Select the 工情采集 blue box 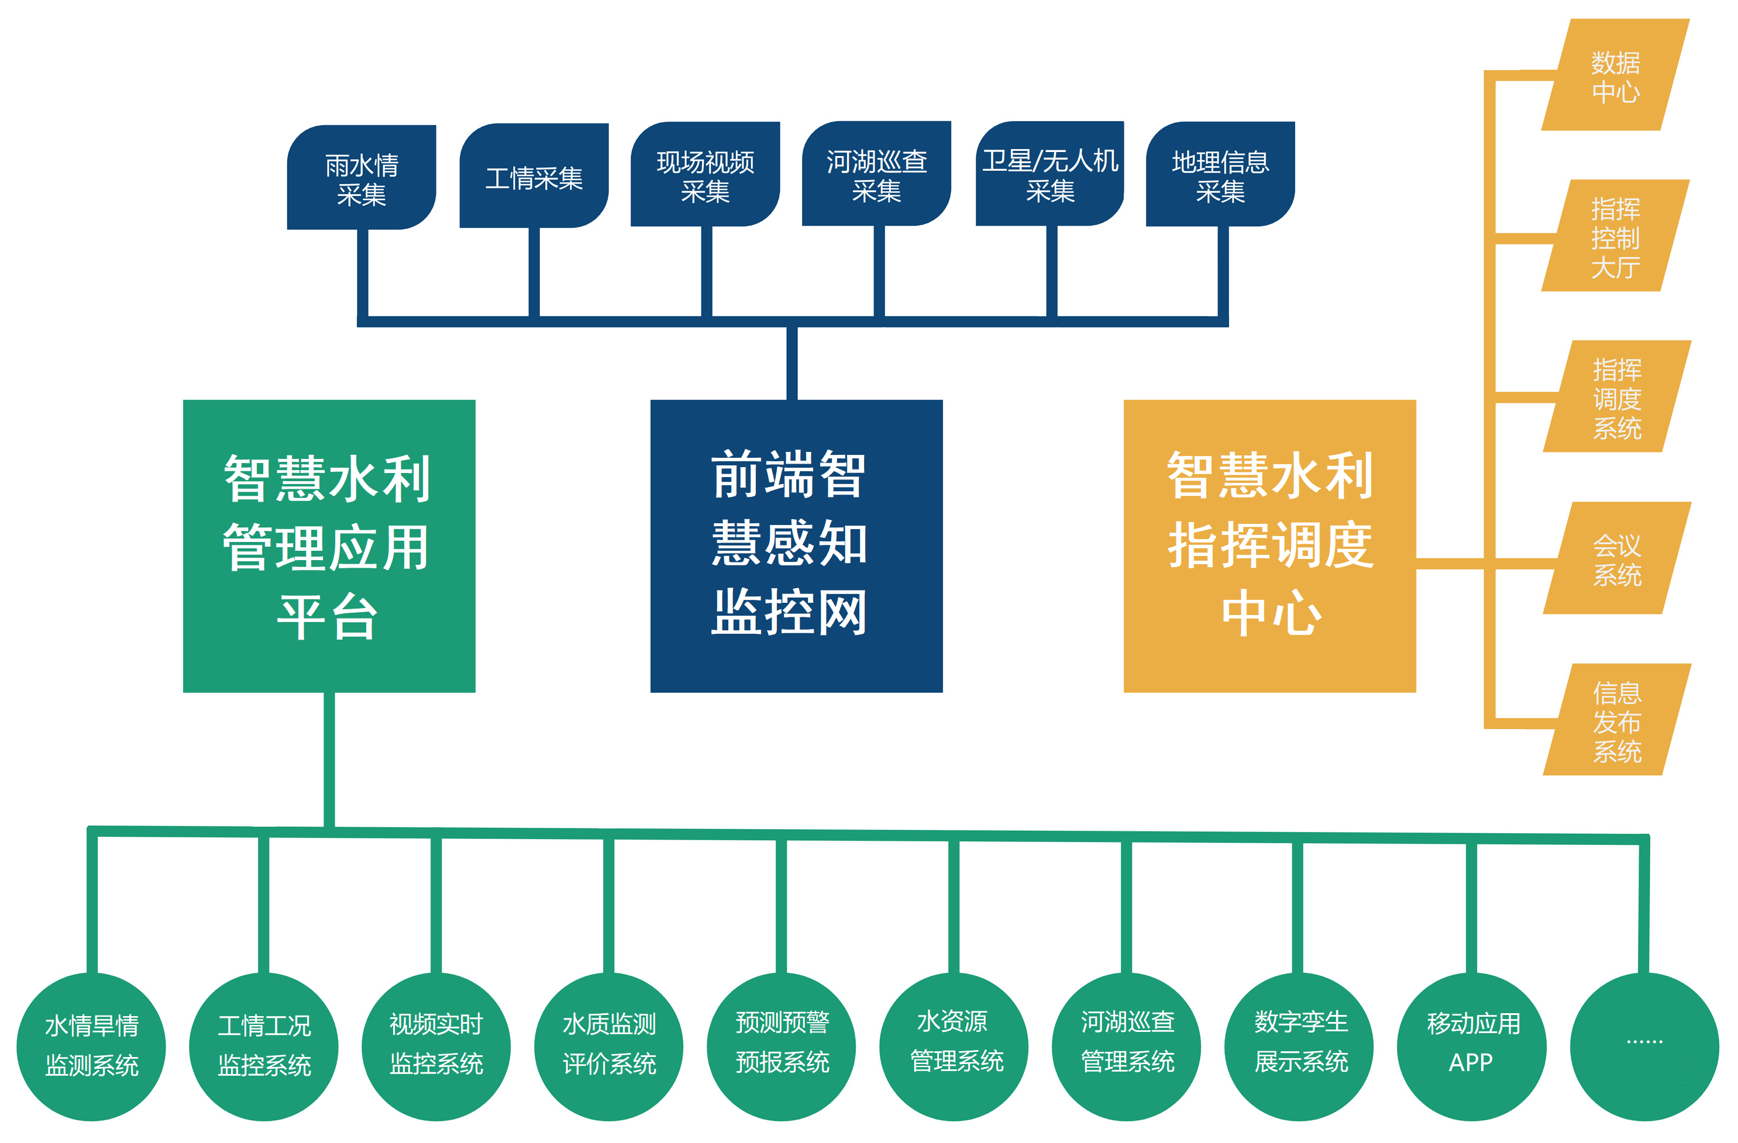click(x=534, y=176)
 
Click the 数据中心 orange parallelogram click(x=1615, y=75)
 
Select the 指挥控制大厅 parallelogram click(x=1615, y=236)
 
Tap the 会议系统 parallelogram click(x=1617, y=558)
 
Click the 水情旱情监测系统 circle click(x=91, y=1047)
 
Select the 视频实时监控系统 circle click(x=436, y=1047)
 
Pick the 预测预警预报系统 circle click(x=782, y=1047)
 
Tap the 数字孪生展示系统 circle click(x=1299, y=1047)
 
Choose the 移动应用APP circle click(x=1471, y=1047)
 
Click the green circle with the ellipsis click(x=1644, y=1047)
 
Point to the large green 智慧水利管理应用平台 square click(x=329, y=546)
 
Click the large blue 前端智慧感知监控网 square click(x=797, y=546)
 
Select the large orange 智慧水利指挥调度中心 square click(x=1270, y=546)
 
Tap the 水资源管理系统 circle click(x=954, y=1047)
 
